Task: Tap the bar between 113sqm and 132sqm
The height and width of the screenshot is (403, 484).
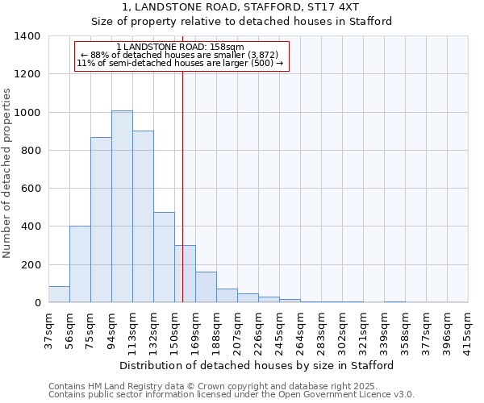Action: click(x=143, y=217)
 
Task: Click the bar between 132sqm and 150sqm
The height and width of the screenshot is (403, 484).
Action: click(x=164, y=257)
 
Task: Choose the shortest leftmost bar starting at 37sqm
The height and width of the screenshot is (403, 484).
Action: click(x=59, y=294)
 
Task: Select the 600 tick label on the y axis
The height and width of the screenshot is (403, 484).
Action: click(x=31, y=189)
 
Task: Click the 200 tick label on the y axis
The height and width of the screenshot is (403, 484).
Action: click(x=31, y=264)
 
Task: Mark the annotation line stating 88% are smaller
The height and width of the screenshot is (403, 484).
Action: click(x=180, y=54)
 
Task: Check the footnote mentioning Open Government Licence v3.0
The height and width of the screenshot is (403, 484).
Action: click(x=232, y=395)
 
